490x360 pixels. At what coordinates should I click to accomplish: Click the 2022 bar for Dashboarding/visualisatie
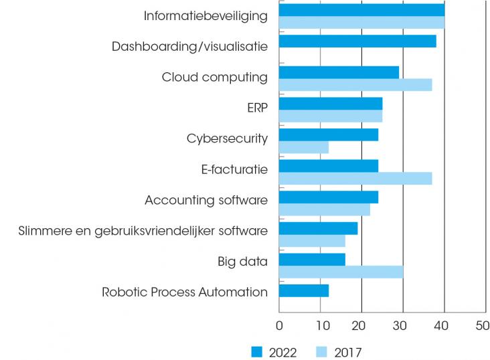click(x=357, y=41)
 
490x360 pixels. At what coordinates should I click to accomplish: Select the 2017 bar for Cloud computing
click(x=355, y=85)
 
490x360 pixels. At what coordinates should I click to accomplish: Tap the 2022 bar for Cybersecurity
click(x=328, y=134)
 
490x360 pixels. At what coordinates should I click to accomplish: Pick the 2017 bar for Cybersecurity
click(x=303, y=147)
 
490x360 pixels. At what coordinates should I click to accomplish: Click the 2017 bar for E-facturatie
click(x=355, y=179)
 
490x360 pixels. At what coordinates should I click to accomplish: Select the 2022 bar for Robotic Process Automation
click(x=303, y=291)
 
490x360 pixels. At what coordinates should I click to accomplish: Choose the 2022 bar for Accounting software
click(x=328, y=197)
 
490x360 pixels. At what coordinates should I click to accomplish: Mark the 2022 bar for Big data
click(x=312, y=260)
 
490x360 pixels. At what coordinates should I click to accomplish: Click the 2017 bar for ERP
click(x=330, y=116)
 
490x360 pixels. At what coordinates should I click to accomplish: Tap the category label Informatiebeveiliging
click(x=206, y=15)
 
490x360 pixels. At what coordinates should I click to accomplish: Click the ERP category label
click(x=257, y=108)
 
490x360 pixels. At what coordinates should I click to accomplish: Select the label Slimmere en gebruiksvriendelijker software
click(x=143, y=231)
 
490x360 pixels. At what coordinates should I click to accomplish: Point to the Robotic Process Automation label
click(x=185, y=292)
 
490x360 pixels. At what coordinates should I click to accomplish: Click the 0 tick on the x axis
click(x=279, y=327)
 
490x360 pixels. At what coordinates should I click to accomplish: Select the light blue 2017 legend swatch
click(x=323, y=352)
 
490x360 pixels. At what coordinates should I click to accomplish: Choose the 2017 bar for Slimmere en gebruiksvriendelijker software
click(x=312, y=241)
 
